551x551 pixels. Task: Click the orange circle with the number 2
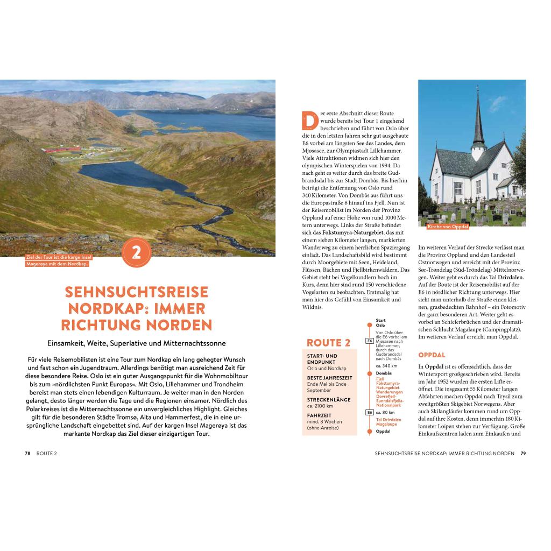pos(136,253)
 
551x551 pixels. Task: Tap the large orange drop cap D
pos(309,121)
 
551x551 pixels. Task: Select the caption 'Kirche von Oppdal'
pos(448,227)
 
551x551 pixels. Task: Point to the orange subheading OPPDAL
pos(432,355)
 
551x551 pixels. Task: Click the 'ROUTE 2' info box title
pos(328,343)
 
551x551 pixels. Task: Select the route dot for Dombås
pos(370,373)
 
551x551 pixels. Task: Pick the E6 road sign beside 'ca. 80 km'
pos(370,413)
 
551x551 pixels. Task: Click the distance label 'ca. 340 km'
pos(386,366)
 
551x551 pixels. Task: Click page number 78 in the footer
pos(27,453)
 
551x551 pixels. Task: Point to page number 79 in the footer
pos(523,453)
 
